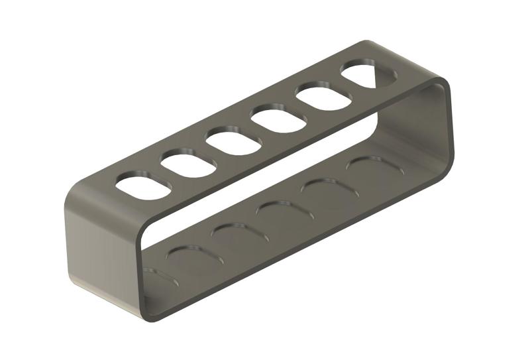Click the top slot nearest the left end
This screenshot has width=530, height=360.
[143, 186]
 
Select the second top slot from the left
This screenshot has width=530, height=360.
[188, 164]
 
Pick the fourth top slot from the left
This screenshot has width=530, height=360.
[278, 120]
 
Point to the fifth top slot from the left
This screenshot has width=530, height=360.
[323, 97]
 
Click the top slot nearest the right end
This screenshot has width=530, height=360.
[368, 75]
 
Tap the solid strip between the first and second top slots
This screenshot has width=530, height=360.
[166, 175]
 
